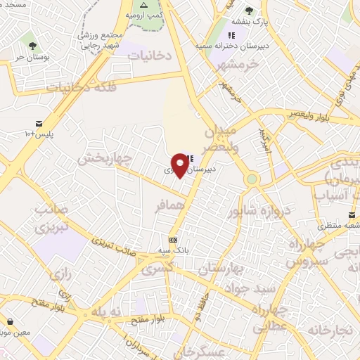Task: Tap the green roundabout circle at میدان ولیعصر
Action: (x=251, y=179)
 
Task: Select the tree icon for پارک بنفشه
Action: (x=249, y=11)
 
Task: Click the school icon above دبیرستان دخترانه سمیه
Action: (x=231, y=36)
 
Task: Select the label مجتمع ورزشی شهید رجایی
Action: (x=98, y=40)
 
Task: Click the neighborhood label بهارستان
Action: (x=219, y=269)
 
